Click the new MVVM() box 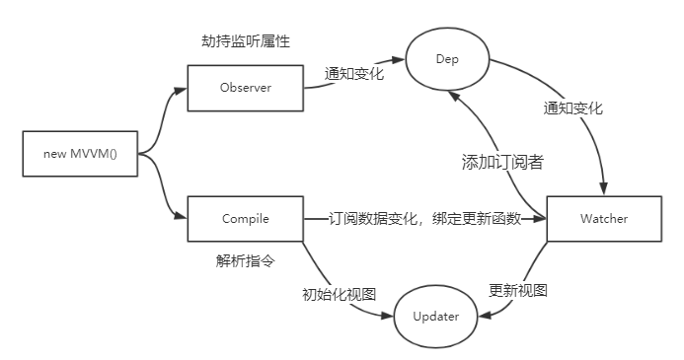(80, 155)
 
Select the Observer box (245, 88)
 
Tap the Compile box (245, 218)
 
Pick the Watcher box (604, 218)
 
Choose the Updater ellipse (434, 317)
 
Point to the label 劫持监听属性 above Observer (245, 41)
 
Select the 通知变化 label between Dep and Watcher (571, 108)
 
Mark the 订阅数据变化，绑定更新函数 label (424, 218)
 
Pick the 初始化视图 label (338, 293)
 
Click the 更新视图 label (517, 291)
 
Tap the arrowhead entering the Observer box (181, 89)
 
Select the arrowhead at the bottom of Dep (452, 95)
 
